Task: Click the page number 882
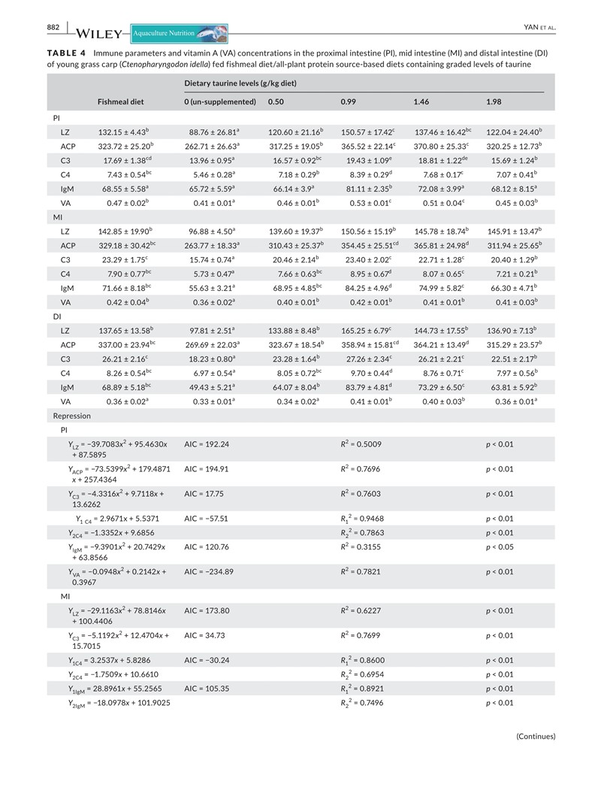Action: point(53,27)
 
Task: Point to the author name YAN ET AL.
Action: point(538,28)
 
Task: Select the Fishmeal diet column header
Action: point(121,101)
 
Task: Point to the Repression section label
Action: point(71,416)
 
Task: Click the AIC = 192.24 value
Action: point(207,444)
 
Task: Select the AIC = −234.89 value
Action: point(209,572)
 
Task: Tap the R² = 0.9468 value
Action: point(364,519)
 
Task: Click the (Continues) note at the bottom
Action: point(536,737)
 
